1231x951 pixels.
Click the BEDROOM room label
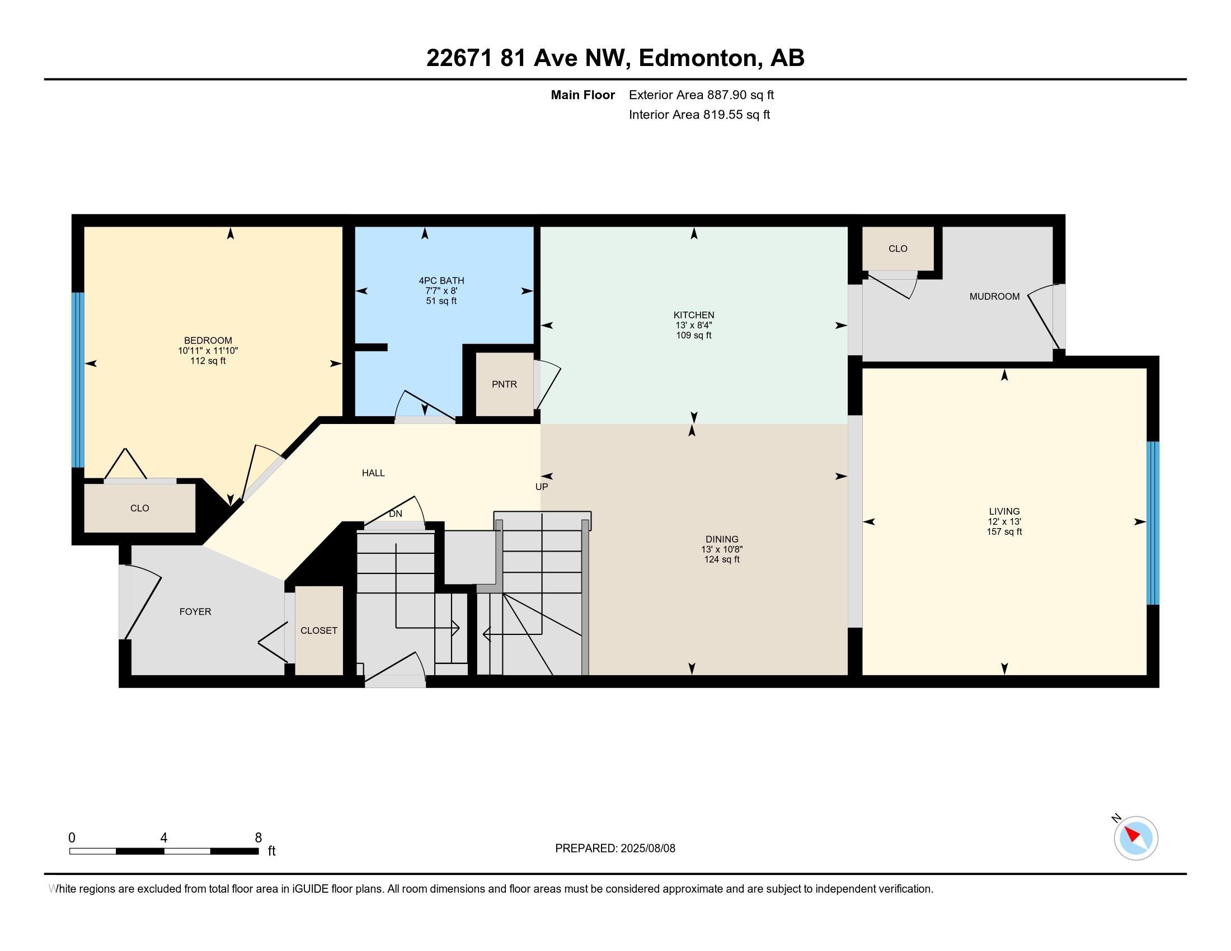click(208, 340)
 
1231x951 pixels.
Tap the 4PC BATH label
click(441, 281)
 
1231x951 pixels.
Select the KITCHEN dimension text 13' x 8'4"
click(694, 325)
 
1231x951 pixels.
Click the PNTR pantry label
click(504, 384)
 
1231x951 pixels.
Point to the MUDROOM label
click(994, 296)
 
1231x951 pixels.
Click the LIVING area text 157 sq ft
click(1004, 531)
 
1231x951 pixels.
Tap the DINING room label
click(721, 539)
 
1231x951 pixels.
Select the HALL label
click(373, 473)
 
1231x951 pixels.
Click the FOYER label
click(195, 611)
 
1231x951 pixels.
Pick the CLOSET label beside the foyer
click(319, 630)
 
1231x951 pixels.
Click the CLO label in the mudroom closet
click(898, 248)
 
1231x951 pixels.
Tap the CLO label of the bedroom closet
click(140, 508)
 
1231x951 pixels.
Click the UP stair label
click(542, 486)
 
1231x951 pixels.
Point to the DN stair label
click(396, 514)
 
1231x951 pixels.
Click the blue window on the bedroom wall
click(78, 380)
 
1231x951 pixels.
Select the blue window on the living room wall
click(1153, 523)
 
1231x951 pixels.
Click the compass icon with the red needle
click(1136, 838)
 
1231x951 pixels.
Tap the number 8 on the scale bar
click(258, 838)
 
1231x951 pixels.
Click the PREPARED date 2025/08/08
click(647, 848)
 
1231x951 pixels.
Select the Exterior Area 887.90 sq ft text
click(701, 95)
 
